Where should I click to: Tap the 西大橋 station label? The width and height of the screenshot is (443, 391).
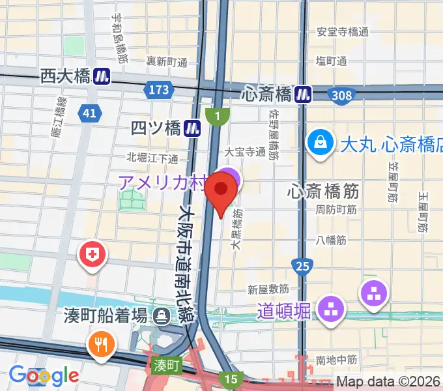click(64, 76)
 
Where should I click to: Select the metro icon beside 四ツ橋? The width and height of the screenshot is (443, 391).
click(192, 128)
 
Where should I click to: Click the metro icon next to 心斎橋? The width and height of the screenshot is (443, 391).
click(302, 94)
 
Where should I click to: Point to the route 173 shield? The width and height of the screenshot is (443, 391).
click(158, 89)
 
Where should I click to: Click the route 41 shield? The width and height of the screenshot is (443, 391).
click(90, 114)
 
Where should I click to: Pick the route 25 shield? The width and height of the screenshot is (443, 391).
click(302, 265)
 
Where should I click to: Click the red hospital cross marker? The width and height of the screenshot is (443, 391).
click(93, 253)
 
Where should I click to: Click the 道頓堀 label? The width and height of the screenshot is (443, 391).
click(283, 311)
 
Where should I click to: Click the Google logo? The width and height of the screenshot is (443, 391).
click(44, 375)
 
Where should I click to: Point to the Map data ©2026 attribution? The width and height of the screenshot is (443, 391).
click(388, 382)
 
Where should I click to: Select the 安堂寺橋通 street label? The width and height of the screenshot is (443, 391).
click(343, 32)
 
